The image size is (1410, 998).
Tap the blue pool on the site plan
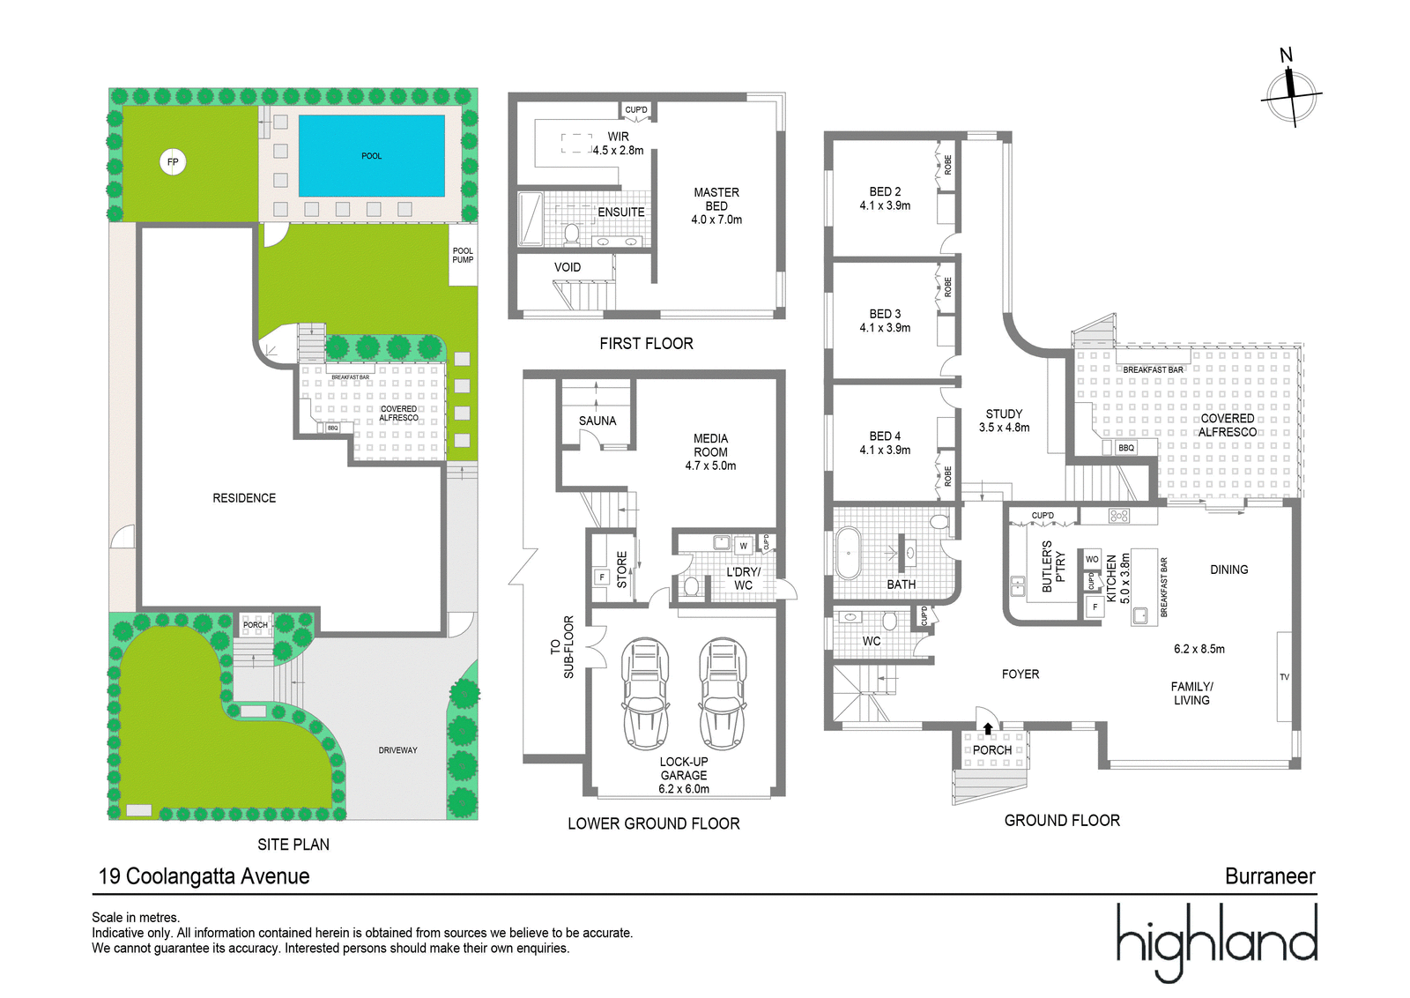click(371, 155)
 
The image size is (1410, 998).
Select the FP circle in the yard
click(173, 162)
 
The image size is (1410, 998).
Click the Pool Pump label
click(463, 255)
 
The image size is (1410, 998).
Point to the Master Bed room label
click(716, 199)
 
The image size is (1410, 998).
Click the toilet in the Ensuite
click(572, 234)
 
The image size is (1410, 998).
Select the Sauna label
click(597, 421)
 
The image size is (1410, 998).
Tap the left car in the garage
click(645, 693)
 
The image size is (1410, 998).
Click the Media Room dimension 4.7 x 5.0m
click(710, 466)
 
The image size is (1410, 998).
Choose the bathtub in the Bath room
click(849, 553)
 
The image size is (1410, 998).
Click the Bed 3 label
click(885, 314)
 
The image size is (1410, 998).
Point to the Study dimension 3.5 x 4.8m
click(1004, 428)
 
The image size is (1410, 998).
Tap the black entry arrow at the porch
click(988, 728)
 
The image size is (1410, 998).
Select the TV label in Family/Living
click(1284, 677)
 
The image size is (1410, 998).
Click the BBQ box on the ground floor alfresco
click(1125, 448)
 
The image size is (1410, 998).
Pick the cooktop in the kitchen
click(1119, 517)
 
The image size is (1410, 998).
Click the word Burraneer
click(1270, 876)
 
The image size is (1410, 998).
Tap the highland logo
click(1216, 942)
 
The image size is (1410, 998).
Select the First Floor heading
click(647, 344)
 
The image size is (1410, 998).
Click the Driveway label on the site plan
click(397, 750)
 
